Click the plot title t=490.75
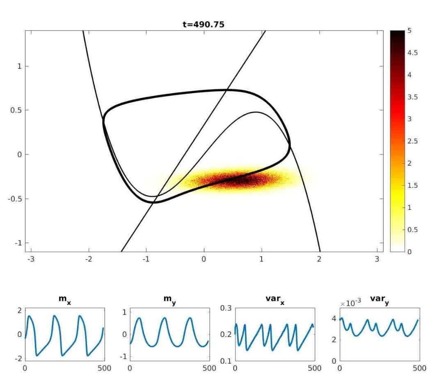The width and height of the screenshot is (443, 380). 203,25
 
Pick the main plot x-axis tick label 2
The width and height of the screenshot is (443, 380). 320,260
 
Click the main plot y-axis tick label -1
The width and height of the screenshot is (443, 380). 18,243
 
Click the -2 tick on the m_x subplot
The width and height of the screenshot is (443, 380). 17,359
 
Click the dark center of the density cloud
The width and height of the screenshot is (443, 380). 242,179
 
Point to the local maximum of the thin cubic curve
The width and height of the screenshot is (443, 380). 256,112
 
